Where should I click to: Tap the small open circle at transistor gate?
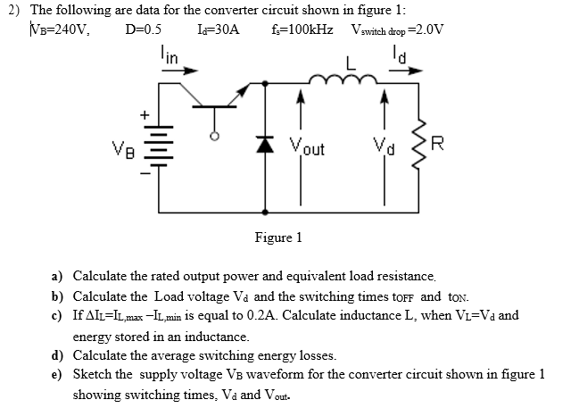tap(212, 138)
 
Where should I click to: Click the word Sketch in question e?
tap(92, 373)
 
